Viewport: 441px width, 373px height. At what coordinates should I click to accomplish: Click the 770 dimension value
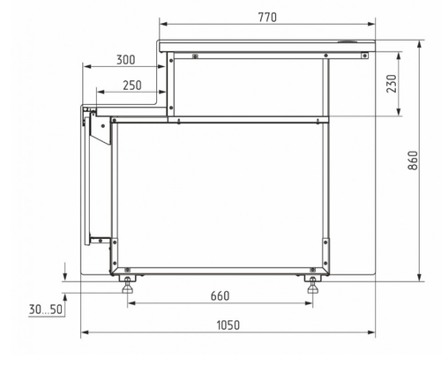pos(267,18)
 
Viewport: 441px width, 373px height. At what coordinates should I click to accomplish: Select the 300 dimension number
pos(126,60)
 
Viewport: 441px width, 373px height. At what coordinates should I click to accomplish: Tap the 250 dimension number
pos(132,86)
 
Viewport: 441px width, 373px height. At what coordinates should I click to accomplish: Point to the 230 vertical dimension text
pos(392,84)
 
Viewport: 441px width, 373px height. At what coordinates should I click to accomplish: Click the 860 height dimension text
pos(413,160)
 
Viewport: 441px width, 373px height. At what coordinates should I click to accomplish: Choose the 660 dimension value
pos(220,295)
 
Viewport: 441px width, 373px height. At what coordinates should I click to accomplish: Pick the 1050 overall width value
pos(228,325)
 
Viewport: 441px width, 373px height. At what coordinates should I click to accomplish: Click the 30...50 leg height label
pos(46,310)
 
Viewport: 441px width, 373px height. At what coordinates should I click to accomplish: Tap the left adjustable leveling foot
pos(127,284)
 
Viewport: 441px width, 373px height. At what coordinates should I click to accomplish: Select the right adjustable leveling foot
pos(313,284)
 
